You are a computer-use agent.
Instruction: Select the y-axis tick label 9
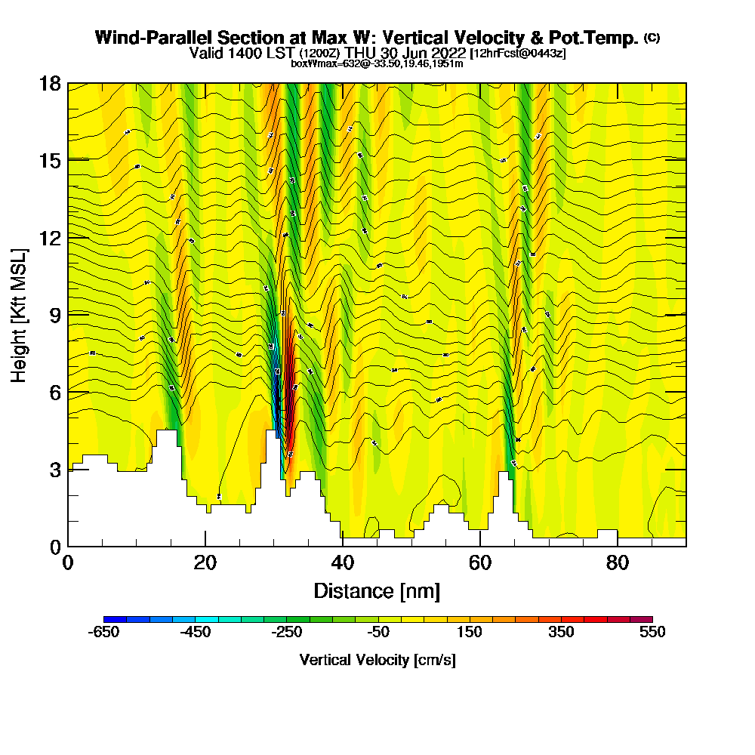54,314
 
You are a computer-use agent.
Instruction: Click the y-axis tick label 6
54,391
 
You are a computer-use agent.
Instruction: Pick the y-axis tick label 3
54,469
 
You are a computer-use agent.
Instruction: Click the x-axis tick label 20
205,562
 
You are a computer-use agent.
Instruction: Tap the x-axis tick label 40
343,562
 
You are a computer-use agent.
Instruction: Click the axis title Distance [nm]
377,590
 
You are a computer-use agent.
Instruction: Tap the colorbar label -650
104,633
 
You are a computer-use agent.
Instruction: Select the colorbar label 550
652,633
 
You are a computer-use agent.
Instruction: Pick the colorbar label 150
470,633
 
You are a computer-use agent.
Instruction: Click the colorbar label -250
287,633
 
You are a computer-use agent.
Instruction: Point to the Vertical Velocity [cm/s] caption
377,660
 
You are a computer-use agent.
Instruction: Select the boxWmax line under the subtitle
377,63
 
